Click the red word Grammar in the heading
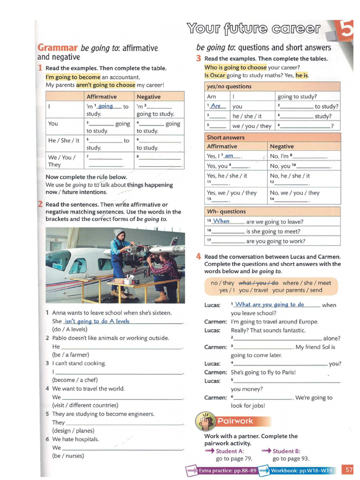57,47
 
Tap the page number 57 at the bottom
349,469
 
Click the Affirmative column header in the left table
102,97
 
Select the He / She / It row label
64,140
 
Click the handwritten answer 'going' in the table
105,106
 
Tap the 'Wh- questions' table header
226,211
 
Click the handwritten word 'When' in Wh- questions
221,221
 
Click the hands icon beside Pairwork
205,421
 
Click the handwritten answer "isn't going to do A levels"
97,321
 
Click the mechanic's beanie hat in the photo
119,232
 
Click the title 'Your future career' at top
254,29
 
